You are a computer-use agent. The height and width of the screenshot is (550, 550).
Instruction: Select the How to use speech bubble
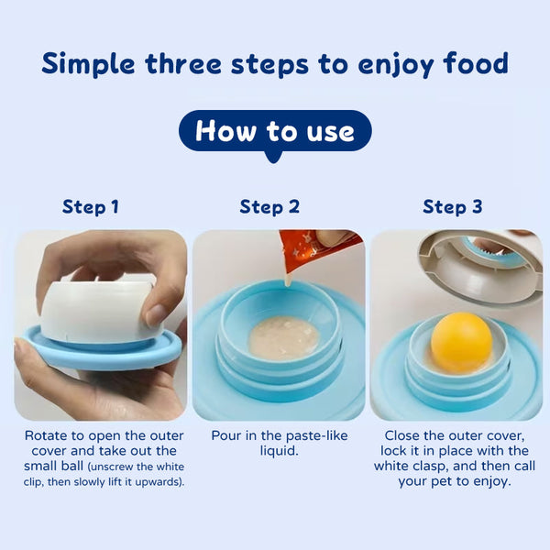(x=274, y=131)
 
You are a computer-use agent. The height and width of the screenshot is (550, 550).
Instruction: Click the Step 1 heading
(x=90, y=206)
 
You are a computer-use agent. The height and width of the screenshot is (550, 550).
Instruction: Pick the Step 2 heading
(x=269, y=206)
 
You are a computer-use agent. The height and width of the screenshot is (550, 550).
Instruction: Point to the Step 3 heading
(x=452, y=206)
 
